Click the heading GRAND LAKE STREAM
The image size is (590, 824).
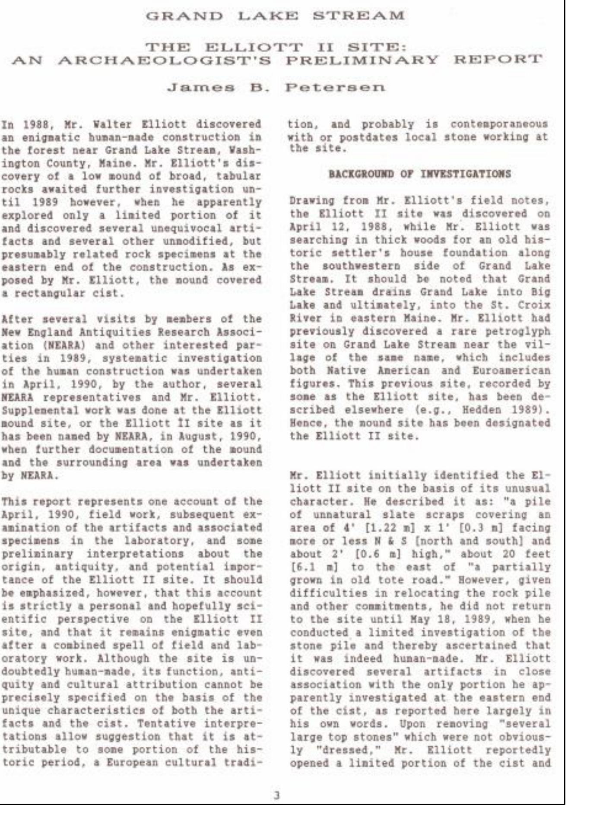pos(275,16)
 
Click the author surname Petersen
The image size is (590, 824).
pos(334,87)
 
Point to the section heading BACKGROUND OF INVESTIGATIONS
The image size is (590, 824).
pos(419,174)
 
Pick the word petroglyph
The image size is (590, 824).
pos(517,332)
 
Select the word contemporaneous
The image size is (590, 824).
pos(499,124)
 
